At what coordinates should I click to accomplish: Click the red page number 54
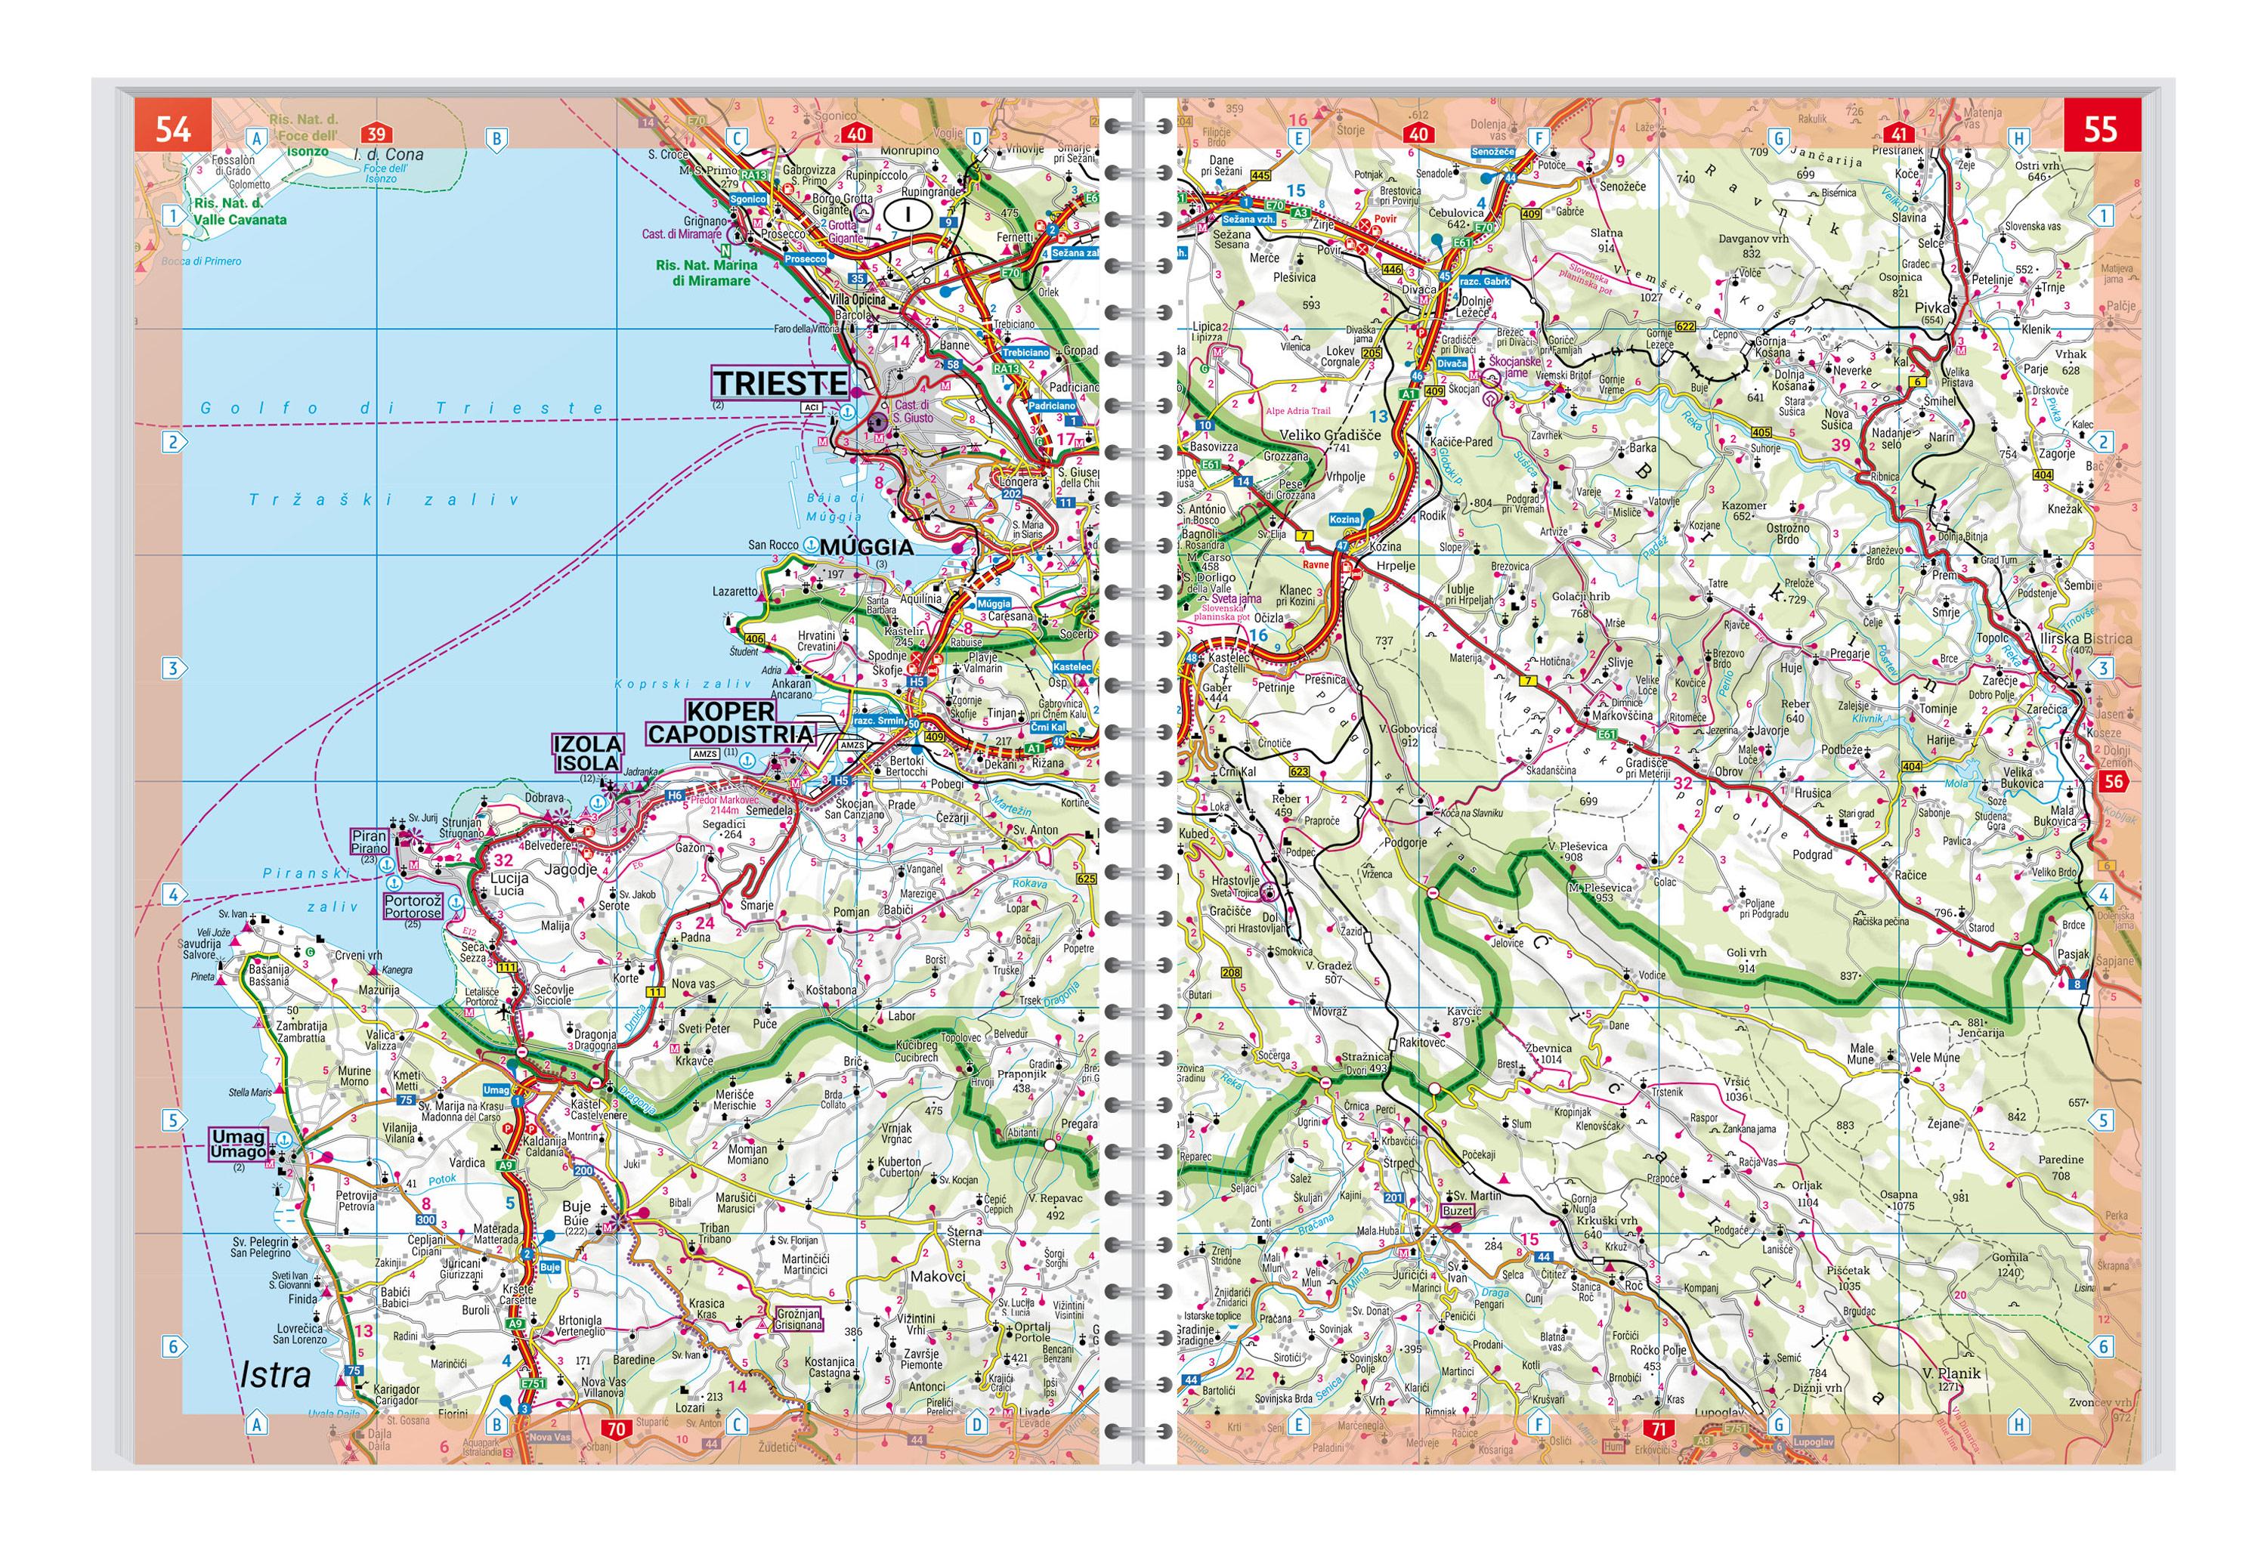(x=172, y=128)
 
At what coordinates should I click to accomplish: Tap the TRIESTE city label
(x=779, y=383)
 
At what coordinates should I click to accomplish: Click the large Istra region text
(x=275, y=1376)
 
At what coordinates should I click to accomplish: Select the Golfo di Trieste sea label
(x=402, y=409)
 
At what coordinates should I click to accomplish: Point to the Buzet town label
(x=1458, y=1210)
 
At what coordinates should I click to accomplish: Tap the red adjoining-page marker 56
(x=2113, y=780)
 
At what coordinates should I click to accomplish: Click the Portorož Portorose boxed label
(x=413, y=907)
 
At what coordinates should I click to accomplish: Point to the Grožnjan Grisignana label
(x=798, y=1319)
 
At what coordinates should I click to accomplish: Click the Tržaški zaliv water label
(x=383, y=500)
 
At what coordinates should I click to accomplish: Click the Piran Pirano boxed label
(x=370, y=841)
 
